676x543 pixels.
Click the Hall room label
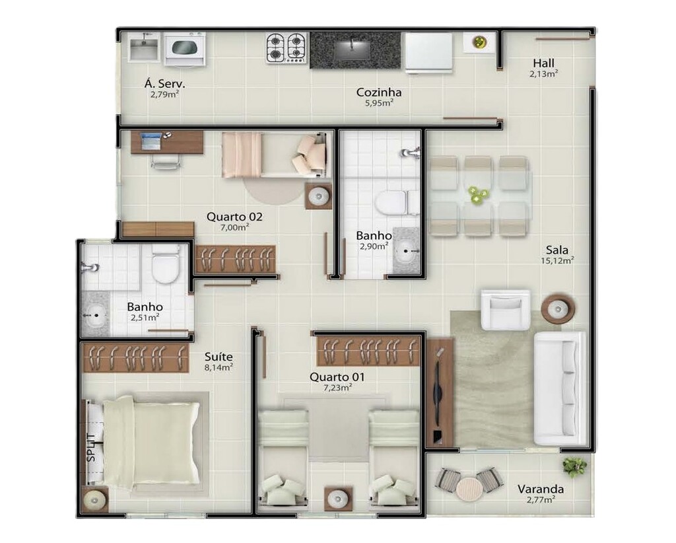pos(543,63)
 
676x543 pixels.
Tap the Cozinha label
pos(378,92)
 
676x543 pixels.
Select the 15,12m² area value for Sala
pos(557,260)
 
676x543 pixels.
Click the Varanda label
pos(540,489)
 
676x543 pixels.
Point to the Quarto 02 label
pos(234,217)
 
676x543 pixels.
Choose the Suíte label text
pos(219,357)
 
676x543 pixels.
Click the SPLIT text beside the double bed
pos(91,448)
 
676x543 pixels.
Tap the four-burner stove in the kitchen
pos(287,48)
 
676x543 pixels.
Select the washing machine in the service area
pos(185,50)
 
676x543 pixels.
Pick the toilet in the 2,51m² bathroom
pos(166,264)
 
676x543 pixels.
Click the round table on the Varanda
pos(469,489)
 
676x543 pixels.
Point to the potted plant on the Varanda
pos(574,466)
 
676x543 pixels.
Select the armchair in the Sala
pos(506,310)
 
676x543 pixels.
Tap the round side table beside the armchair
pos(558,308)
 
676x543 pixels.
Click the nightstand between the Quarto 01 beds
pos(339,499)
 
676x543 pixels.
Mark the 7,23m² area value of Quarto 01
pos(338,388)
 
